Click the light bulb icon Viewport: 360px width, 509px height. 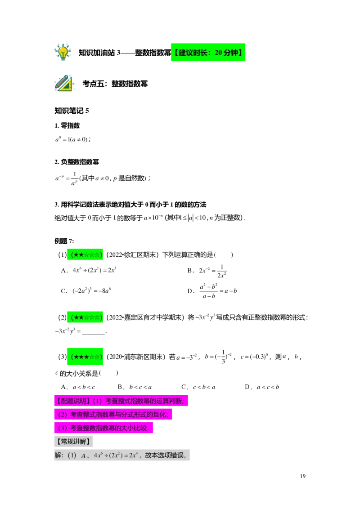pyautogui.click(x=63, y=52)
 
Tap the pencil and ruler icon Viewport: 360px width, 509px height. pyautogui.click(x=64, y=84)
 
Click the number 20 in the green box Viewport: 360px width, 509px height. pyautogui.click(x=219, y=53)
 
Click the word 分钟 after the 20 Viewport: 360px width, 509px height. pyautogui.click(x=231, y=53)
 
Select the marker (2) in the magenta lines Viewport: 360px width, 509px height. pyautogui.click(x=63, y=414)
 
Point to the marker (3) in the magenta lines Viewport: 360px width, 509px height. pyautogui.click(x=63, y=428)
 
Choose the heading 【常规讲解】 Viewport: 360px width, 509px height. pyautogui.click(x=73, y=441)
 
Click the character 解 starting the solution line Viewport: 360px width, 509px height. pyautogui.click(x=58, y=455)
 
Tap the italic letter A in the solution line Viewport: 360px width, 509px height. pyautogui.click(x=84, y=455)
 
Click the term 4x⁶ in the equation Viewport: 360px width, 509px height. pyautogui.click(x=99, y=455)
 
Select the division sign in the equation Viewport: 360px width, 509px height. pyautogui.click(x=107, y=455)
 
